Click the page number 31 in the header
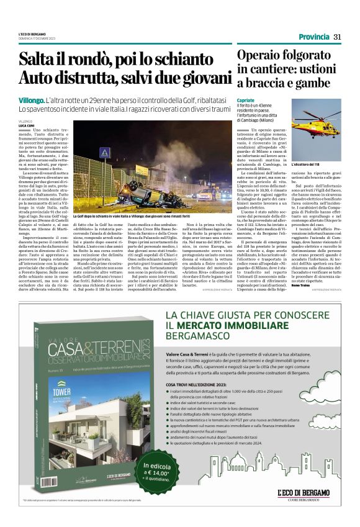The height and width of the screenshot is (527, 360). point(337,37)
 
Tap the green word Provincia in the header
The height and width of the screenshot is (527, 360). point(313,37)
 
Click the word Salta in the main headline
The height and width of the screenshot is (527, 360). point(38,61)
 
